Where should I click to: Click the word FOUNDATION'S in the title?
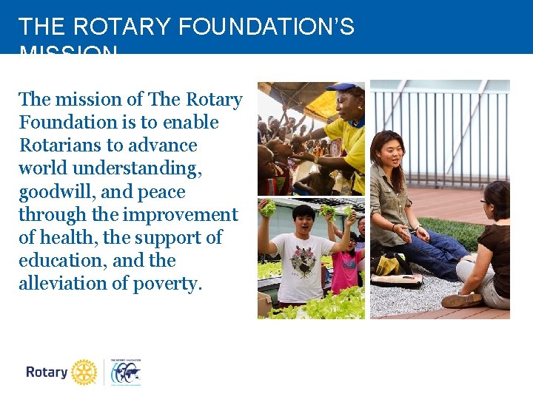266,27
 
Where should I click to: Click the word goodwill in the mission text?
56,191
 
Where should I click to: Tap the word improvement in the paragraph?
181,214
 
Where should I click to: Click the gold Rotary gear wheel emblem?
84,372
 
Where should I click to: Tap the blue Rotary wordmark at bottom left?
47,372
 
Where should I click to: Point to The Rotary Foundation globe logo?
125,372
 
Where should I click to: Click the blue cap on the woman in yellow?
341,87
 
